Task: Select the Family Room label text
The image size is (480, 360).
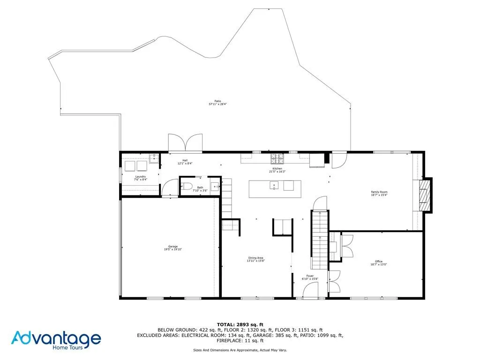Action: (379, 192)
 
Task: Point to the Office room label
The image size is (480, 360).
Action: (379, 262)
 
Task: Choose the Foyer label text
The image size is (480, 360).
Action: (310, 276)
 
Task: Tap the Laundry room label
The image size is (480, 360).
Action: (141, 177)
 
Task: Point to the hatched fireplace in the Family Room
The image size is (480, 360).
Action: (424, 195)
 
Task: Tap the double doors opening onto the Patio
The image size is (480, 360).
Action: (186, 142)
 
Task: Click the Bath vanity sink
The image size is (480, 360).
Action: (215, 187)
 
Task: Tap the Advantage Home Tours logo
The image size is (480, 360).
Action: (56, 339)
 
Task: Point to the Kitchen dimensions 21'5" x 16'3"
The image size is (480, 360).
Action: (277, 172)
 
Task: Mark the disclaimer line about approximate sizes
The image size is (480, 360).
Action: (240, 350)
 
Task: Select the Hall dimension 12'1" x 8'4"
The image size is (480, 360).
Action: (185, 164)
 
